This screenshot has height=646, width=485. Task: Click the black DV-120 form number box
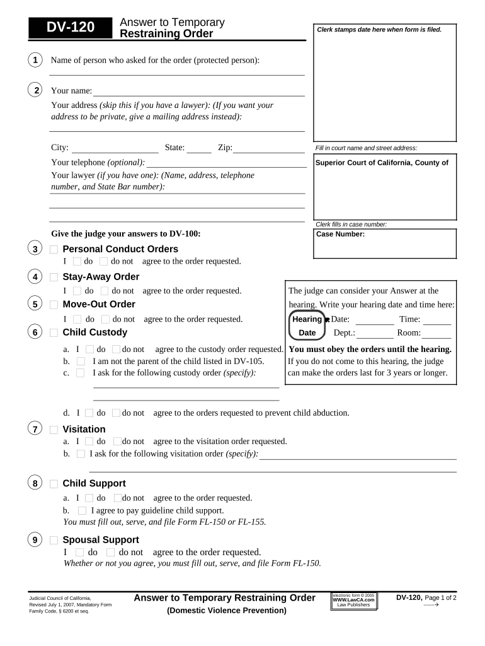71,27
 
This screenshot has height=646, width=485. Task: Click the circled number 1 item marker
36,60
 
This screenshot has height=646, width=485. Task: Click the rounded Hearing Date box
307,326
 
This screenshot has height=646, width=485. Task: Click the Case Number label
340,234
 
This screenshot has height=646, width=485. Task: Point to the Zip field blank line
269,152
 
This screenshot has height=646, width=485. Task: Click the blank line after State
199,152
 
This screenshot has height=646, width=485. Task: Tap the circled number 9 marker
36,540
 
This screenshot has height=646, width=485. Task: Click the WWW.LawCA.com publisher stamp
353,600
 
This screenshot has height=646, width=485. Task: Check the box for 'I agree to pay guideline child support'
82,510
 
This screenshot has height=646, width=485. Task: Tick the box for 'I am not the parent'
81,361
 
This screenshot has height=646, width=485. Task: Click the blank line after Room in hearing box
437,338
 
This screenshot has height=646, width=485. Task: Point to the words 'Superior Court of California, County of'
382,163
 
